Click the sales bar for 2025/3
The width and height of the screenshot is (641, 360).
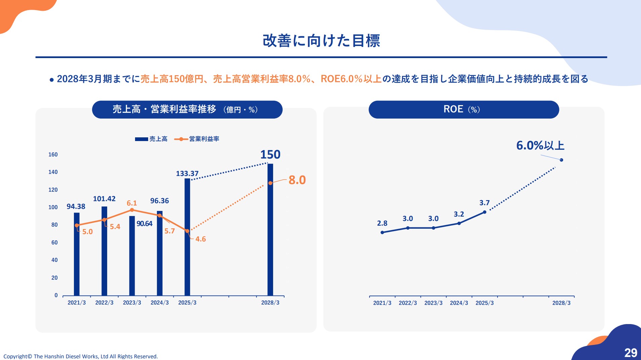(x=187, y=255)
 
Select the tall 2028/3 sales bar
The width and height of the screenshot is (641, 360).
(x=270, y=235)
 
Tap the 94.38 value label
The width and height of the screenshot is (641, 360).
(x=76, y=207)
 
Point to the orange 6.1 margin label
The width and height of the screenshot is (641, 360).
(x=132, y=203)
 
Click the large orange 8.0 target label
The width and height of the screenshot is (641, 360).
(x=297, y=180)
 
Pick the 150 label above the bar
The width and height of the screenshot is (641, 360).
(x=270, y=154)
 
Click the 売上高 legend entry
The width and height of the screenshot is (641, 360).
(x=152, y=139)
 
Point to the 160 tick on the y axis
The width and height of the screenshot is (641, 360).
(x=53, y=154)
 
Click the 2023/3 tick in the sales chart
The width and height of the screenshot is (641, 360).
(x=132, y=303)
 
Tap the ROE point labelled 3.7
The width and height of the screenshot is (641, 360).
(x=484, y=212)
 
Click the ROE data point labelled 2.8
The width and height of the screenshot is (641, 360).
(x=382, y=232)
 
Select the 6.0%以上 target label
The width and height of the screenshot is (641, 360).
(x=540, y=145)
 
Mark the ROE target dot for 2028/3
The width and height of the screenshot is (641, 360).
(x=561, y=160)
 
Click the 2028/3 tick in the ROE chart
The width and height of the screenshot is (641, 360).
(x=561, y=303)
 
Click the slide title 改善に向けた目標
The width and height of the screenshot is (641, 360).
(x=321, y=41)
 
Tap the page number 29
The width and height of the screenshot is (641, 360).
(x=631, y=353)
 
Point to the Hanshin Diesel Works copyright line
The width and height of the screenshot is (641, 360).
(x=81, y=356)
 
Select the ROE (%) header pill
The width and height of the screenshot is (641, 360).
(x=464, y=109)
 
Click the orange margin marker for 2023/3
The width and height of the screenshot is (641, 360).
(x=132, y=210)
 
